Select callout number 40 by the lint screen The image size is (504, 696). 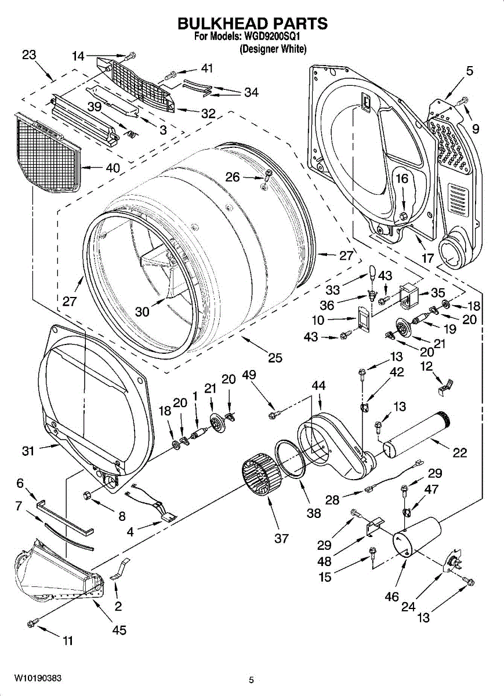click(113, 168)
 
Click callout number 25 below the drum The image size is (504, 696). click(275, 358)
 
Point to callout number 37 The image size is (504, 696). click(281, 538)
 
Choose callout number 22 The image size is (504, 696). click(459, 453)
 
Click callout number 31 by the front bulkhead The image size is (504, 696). click(28, 451)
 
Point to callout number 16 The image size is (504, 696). click(402, 179)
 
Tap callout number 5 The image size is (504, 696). click(470, 71)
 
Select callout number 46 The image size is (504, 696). click(391, 596)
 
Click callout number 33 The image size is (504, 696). click(332, 290)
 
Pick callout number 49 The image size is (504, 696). click(249, 375)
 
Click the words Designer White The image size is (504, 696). click(273, 49)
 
